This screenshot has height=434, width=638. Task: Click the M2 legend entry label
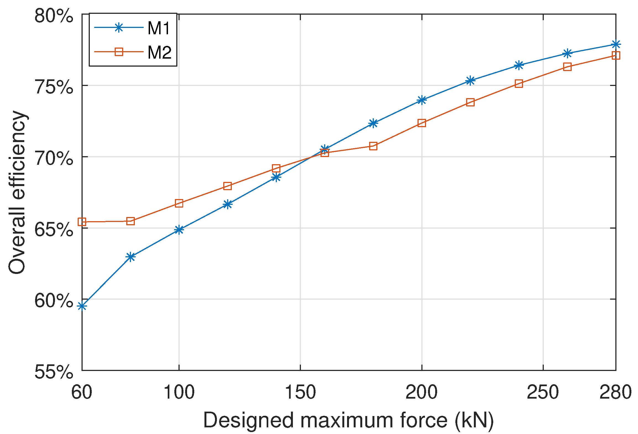(159, 52)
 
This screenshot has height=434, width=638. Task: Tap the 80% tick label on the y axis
(54, 16)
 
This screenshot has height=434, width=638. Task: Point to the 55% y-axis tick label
(54, 372)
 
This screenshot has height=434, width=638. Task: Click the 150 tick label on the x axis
(300, 392)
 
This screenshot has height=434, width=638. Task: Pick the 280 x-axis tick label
(615, 392)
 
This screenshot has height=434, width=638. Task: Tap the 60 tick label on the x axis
(82, 392)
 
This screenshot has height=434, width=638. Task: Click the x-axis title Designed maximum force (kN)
(348, 420)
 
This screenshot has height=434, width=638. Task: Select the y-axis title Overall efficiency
(17, 192)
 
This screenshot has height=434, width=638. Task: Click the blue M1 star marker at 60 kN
(82, 306)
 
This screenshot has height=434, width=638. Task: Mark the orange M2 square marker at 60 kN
(82, 222)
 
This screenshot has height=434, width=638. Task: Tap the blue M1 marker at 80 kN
(130, 257)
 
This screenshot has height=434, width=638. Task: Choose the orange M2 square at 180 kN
(373, 146)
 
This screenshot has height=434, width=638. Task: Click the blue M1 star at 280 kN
(616, 44)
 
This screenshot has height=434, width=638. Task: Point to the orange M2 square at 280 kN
(616, 56)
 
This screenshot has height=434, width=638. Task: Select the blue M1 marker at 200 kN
(421, 100)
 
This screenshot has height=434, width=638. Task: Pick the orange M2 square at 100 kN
(179, 203)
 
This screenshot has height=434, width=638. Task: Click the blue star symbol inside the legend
(119, 28)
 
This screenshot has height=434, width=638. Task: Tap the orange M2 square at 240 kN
(519, 83)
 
